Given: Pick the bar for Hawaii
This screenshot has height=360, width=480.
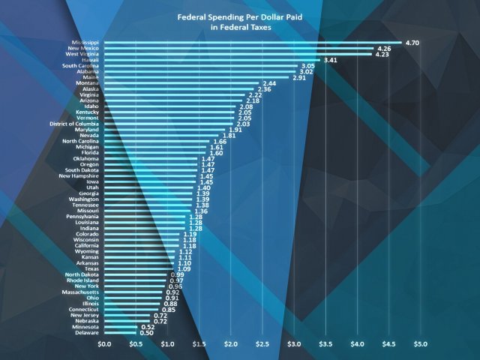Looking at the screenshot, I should (x=211, y=60).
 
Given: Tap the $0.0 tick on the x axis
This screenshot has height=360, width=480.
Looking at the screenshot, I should (x=105, y=343).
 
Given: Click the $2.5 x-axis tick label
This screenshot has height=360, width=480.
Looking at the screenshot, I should (x=262, y=343).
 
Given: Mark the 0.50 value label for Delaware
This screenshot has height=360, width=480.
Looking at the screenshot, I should (x=146, y=332).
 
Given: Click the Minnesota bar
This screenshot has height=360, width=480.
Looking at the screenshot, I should (x=120, y=326).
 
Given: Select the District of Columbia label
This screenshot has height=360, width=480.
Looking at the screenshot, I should (x=70, y=123).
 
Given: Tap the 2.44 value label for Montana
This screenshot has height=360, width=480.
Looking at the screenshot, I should (x=270, y=83).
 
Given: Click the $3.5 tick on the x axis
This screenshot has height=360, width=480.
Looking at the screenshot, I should (x=325, y=343).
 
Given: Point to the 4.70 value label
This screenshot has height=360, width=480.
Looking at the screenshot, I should (x=413, y=43).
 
